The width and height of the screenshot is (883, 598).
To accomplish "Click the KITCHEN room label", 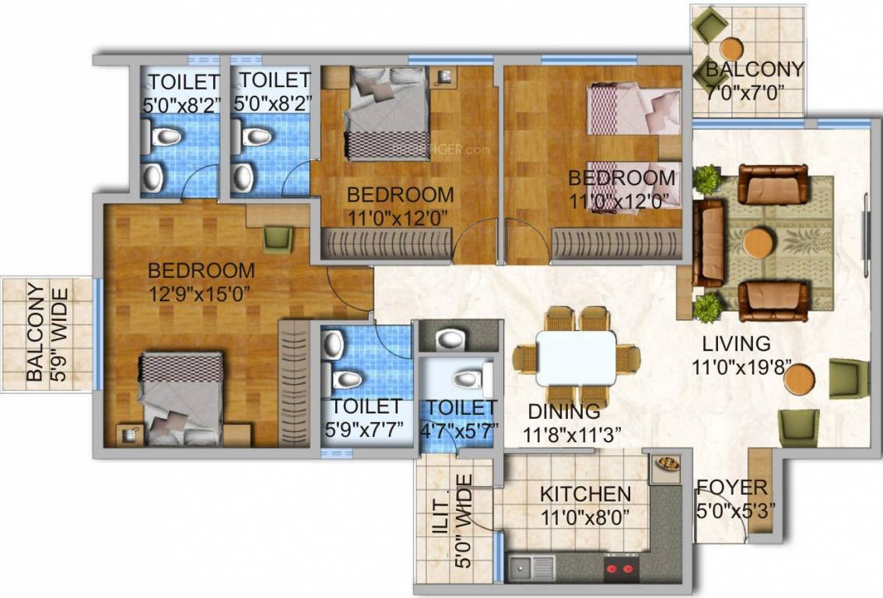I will pyautogui.click(x=585, y=494).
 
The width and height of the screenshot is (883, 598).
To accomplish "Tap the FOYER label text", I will pyautogui.click(x=731, y=488).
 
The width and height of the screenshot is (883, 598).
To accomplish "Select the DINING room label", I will pyautogui.click(x=563, y=411).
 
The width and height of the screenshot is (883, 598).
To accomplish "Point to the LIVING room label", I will pyautogui.click(x=736, y=343).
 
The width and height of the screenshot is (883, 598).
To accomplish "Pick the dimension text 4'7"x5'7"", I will pyautogui.click(x=460, y=429).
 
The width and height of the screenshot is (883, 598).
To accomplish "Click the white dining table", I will pyautogui.click(x=576, y=357).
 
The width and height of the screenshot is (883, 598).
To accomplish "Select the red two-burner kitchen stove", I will pyautogui.click(x=621, y=568).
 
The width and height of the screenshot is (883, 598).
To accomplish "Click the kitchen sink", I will pyautogui.click(x=531, y=567).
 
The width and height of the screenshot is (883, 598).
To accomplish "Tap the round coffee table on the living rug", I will pyautogui.click(x=758, y=243).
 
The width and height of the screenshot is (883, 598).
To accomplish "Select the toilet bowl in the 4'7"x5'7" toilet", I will pyautogui.click(x=466, y=379).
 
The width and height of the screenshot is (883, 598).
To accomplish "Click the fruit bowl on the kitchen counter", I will pyautogui.click(x=668, y=463).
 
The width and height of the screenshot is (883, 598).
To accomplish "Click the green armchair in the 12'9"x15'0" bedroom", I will pyautogui.click(x=278, y=238).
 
